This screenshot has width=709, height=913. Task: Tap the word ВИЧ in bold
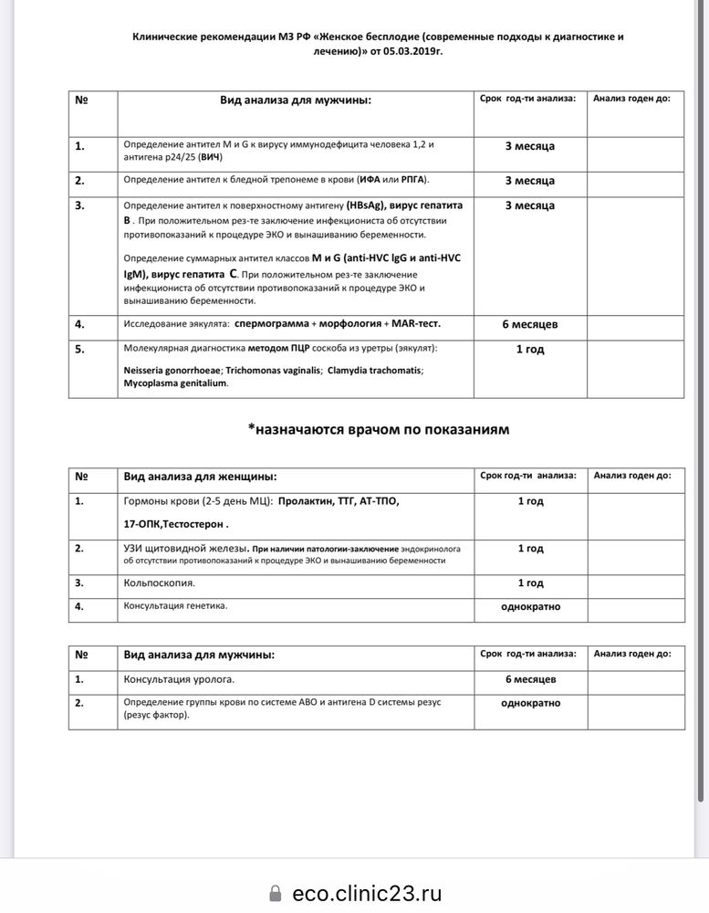point(210,156)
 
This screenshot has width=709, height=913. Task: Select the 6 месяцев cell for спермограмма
point(529,323)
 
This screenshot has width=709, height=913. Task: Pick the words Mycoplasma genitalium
point(175,383)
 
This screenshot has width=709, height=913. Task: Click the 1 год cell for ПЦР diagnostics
point(529,349)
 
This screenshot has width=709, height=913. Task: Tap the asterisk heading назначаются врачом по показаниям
point(378,428)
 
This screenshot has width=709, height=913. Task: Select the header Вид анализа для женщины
point(200,476)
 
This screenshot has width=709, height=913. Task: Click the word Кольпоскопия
point(159,582)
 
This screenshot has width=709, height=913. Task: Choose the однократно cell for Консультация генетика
point(530,605)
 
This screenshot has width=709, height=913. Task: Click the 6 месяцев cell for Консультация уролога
point(530,679)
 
